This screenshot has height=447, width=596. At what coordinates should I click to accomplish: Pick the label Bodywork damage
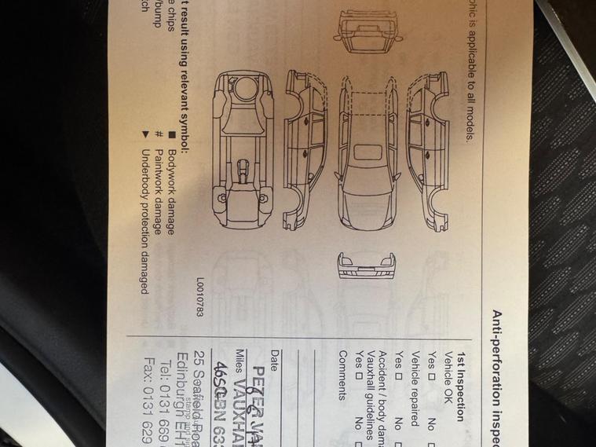coord(172,185)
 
